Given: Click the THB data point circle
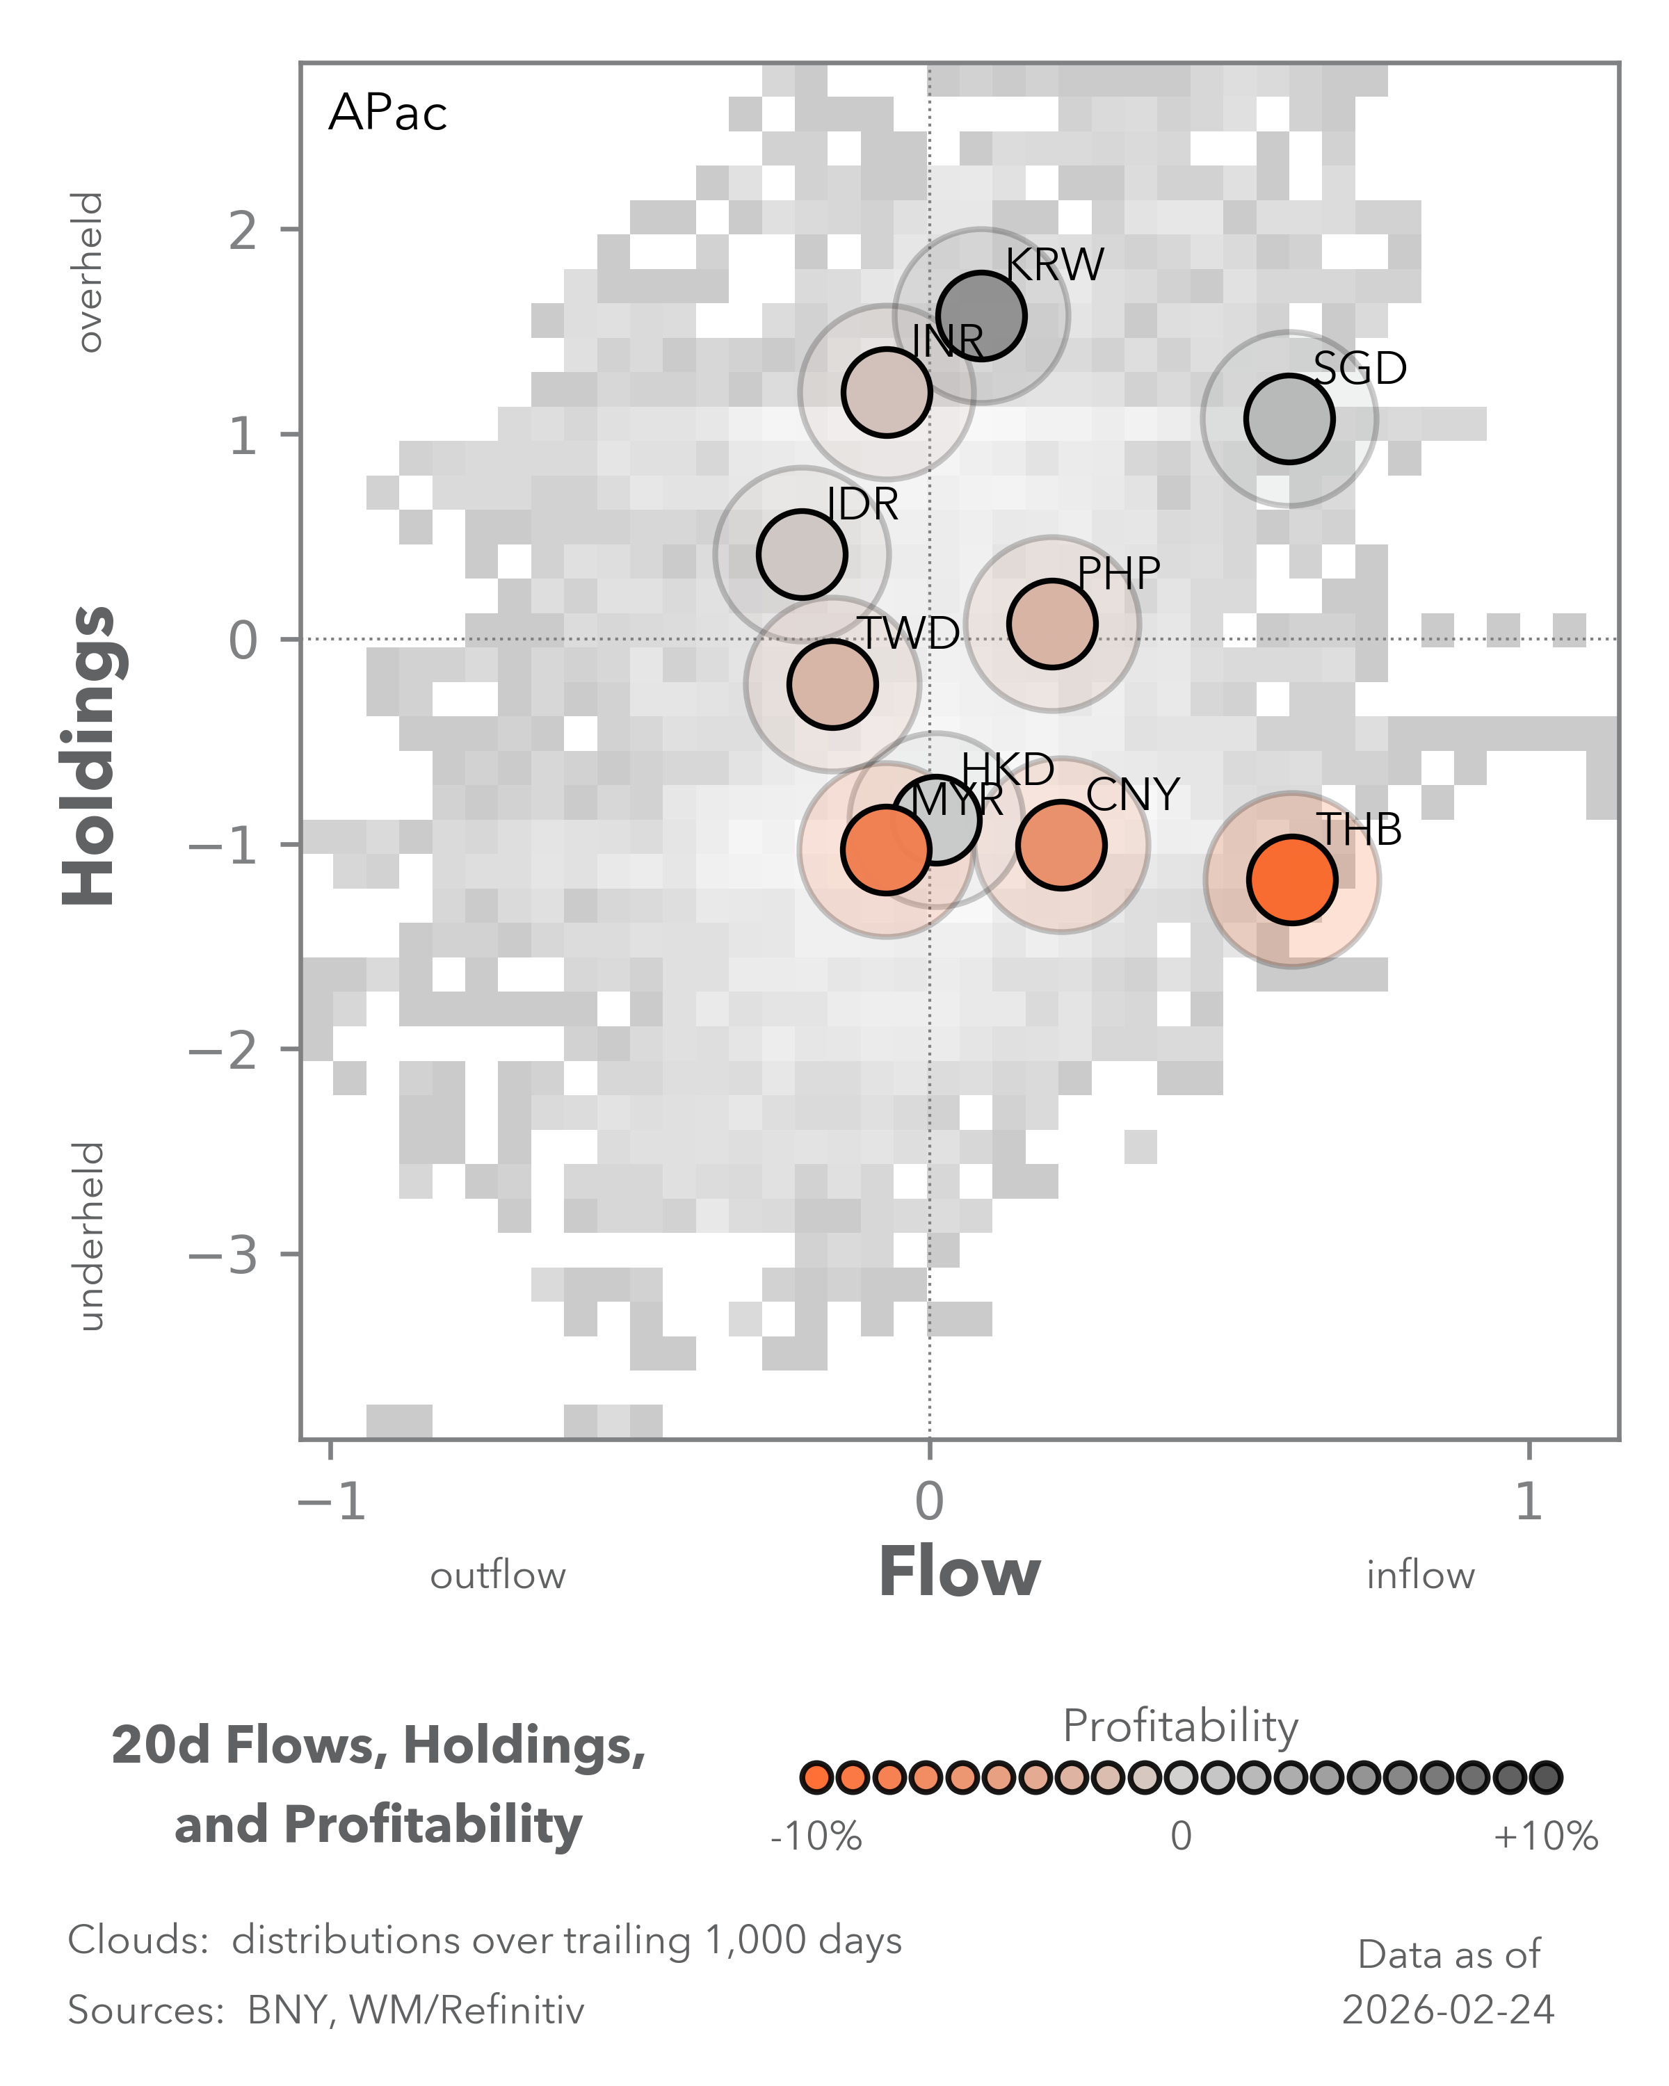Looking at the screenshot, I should coord(1291,880).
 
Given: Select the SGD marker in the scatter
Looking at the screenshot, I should coord(1289,419).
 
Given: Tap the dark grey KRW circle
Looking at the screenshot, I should coord(981,316).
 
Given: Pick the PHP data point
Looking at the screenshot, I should coord(1051,624).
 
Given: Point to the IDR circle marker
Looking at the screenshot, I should coord(801,554).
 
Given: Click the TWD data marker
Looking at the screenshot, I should coord(832,684).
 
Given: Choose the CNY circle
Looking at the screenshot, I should coord(1061,845).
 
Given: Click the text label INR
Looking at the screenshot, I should coord(947,341).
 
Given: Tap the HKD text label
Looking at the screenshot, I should coord(1007,769).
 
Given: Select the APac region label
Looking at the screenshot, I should coord(387,113).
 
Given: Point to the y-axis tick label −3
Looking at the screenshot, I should coord(225,1255).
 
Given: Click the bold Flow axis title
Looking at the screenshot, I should coord(959,1574).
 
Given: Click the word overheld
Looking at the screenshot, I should coord(90,272).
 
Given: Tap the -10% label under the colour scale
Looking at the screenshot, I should coord(816,1836).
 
